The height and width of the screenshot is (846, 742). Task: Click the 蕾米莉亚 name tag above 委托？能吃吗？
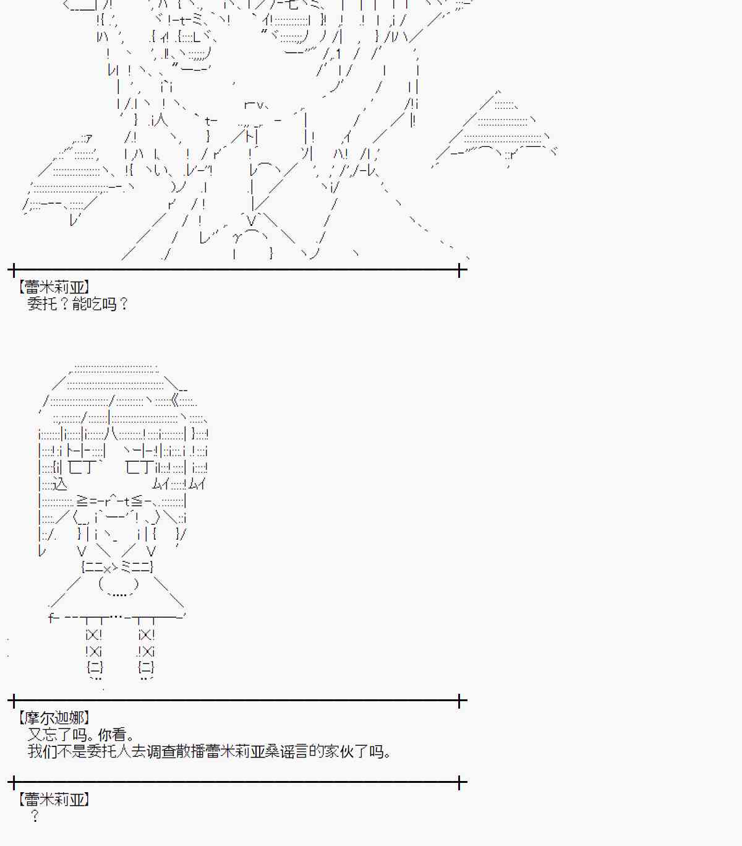[54, 287]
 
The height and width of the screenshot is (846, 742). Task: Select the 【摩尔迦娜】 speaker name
[54, 718]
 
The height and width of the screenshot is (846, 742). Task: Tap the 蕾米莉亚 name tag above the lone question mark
[54, 800]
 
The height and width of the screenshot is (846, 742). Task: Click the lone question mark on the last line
[35, 817]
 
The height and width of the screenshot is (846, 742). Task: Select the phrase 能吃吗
[95, 304]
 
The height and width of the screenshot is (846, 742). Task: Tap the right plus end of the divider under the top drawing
[459, 270]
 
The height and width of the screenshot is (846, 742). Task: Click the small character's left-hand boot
[94, 667]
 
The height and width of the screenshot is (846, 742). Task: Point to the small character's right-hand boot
[146, 667]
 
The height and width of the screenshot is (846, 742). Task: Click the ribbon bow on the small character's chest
[117, 566]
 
